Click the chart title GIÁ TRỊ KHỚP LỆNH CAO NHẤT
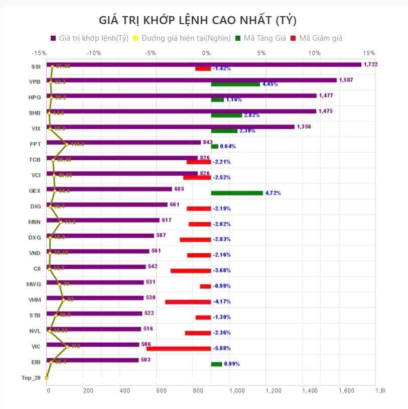[198, 20]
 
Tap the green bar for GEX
[237, 193]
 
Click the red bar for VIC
[179, 348]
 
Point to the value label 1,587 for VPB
[346, 80]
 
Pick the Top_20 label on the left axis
[31, 377]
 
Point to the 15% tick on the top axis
[369, 53]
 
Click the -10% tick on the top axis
[94, 53]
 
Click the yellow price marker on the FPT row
[66, 144]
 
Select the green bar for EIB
[216, 364]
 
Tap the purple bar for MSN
[103, 220]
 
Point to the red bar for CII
[191, 271]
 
